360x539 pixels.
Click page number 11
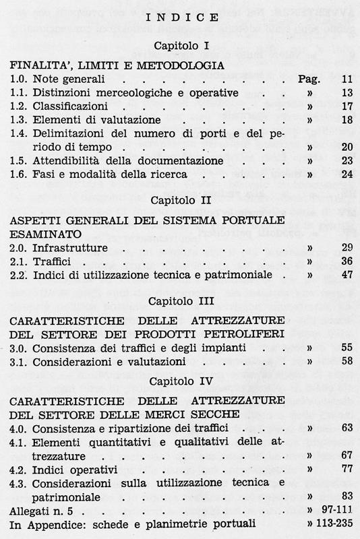pyautogui.click(x=347, y=79)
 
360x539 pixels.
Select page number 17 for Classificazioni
pyautogui.click(x=347, y=106)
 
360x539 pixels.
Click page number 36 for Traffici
pyautogui.click(x=347, y=261)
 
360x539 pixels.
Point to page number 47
pyautogui.click(x=347, y=275)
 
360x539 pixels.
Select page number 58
pyautogui.click(x=347, y=361)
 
